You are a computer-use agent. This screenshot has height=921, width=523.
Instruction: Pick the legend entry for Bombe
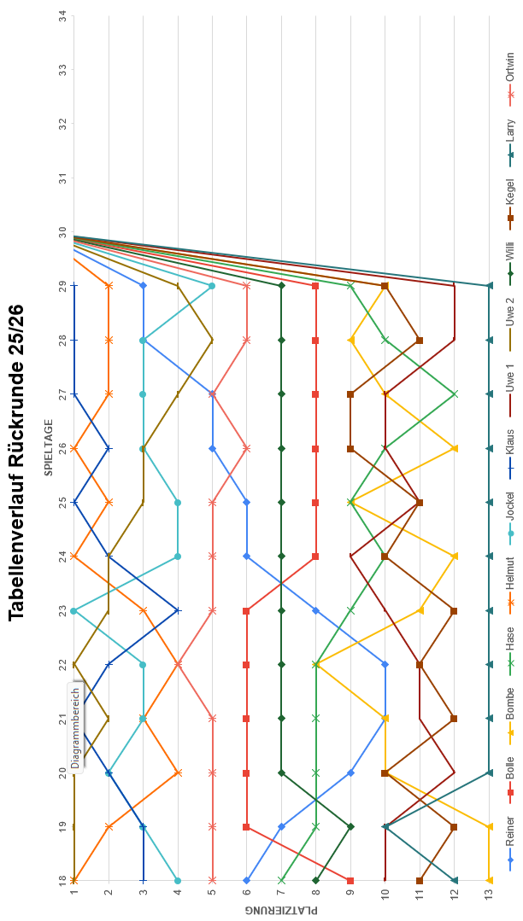(x=511, y=711)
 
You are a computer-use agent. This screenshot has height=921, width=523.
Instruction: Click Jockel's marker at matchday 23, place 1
(x=74, y=610)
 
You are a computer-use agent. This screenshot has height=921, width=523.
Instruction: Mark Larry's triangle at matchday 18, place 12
(x=454, y=880)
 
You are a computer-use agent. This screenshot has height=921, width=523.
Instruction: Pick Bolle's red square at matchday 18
(x=350, y=880)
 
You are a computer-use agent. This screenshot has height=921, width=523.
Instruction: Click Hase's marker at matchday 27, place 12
(x=454, y=394)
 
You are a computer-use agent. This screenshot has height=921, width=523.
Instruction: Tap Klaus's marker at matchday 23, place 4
(x=178, y=610)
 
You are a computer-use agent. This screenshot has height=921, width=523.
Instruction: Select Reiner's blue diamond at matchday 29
(x=144, y=286)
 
